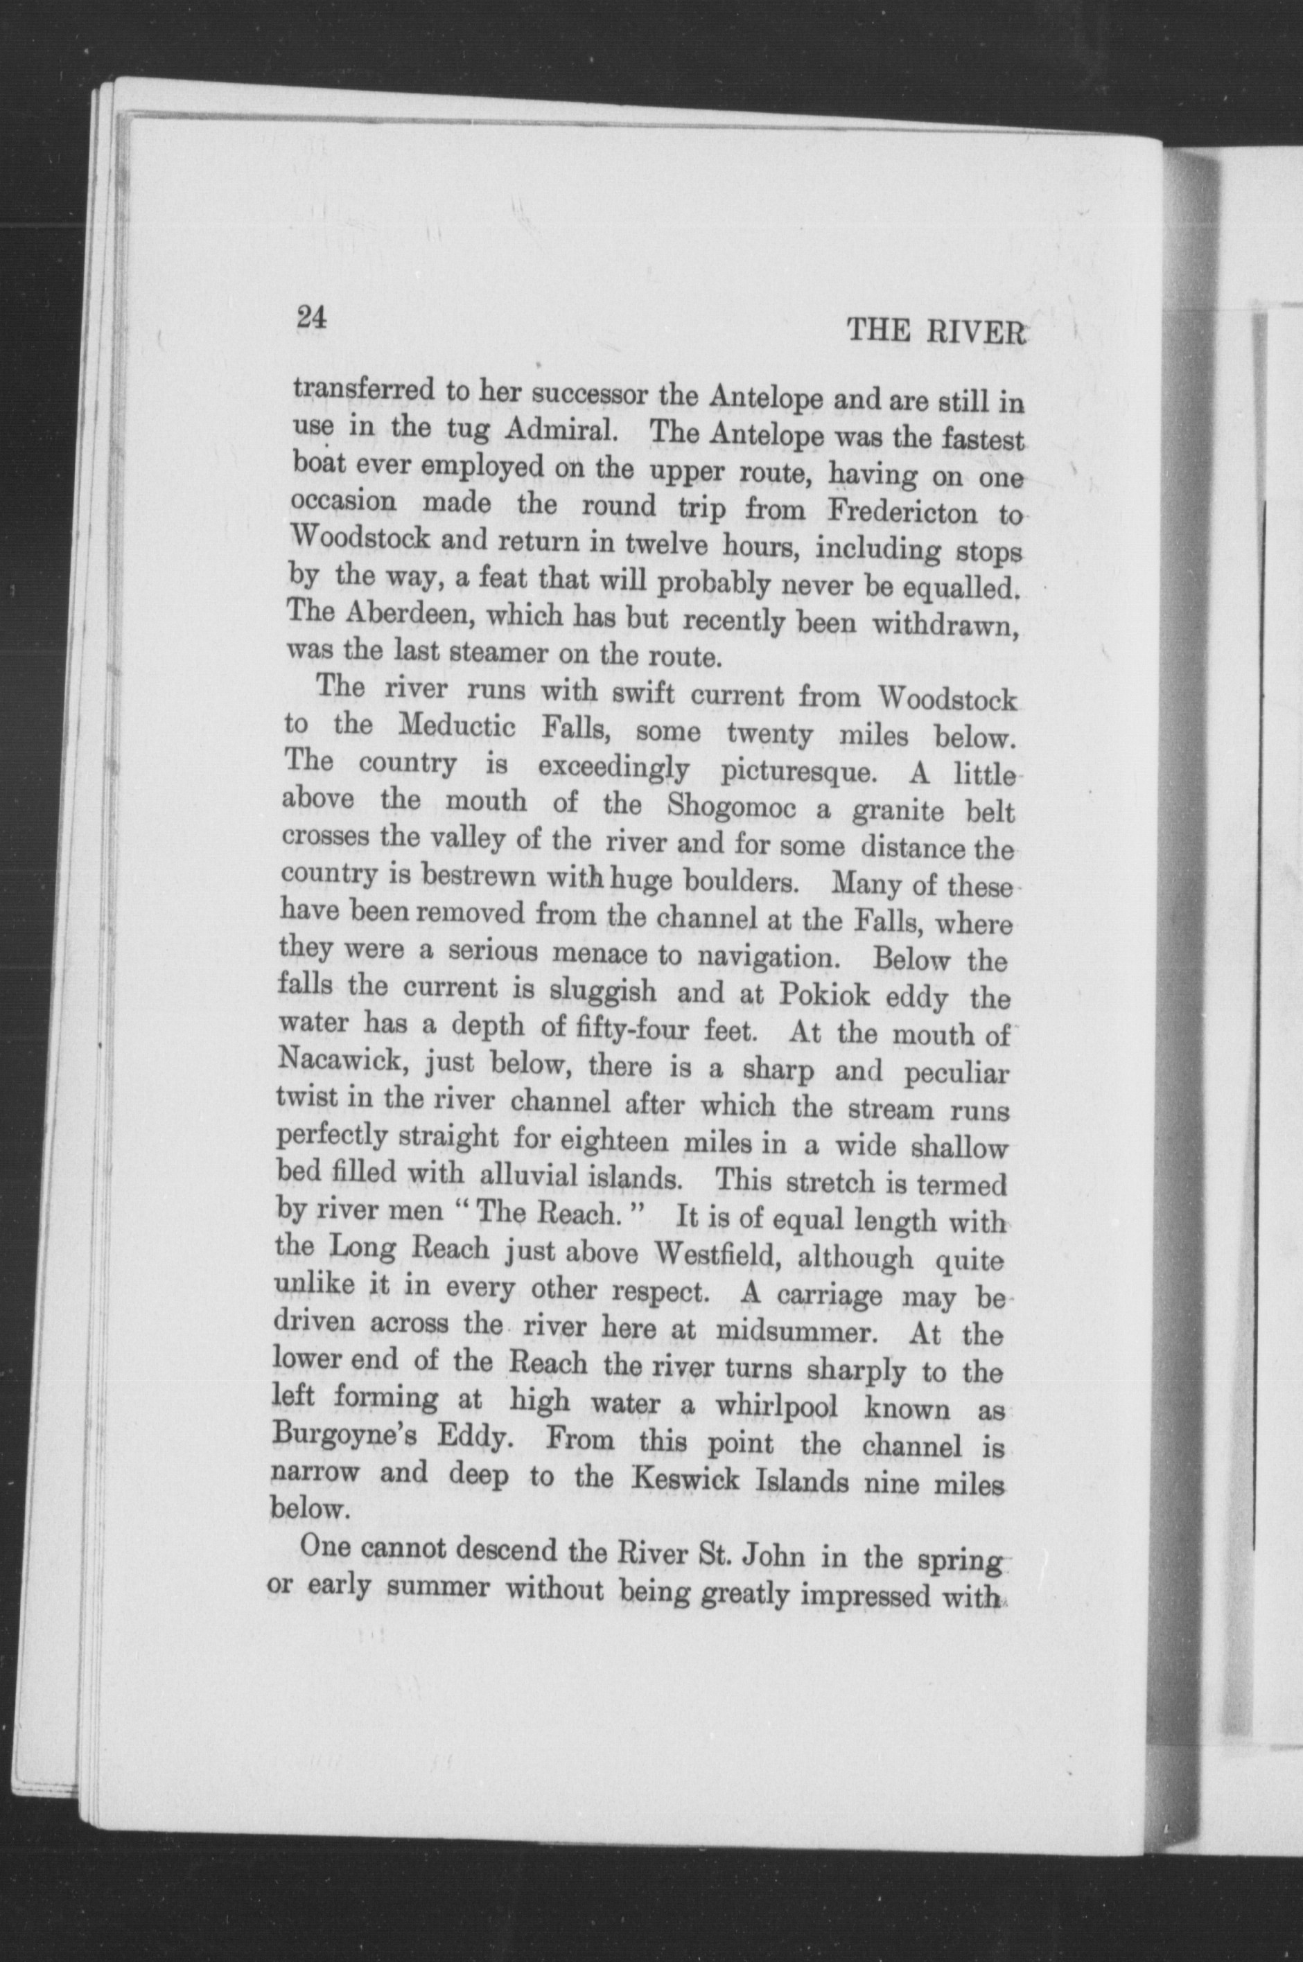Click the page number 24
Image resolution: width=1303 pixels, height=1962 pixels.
pos(310,318)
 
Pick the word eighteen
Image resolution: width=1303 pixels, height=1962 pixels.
pos(614,1141)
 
